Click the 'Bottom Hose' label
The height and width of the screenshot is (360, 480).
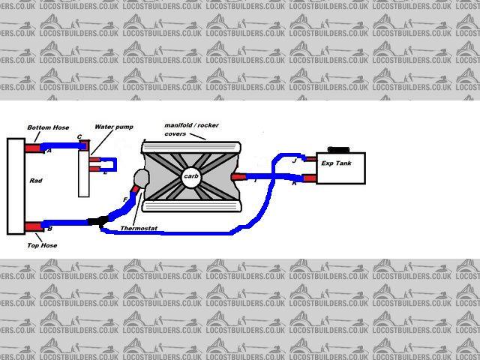pos(48,127)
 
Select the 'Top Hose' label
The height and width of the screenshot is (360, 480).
pos(43,244)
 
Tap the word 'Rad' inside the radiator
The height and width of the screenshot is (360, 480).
pos(36,181)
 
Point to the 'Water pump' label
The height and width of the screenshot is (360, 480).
pos(114,127)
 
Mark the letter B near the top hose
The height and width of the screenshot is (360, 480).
pos(49,229)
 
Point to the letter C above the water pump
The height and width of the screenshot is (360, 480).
pos(79,136)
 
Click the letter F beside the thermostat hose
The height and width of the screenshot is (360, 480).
pos(125,199)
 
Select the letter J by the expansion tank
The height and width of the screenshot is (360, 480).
pos(294,160)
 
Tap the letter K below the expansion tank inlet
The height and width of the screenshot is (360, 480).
pos(293,184)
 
